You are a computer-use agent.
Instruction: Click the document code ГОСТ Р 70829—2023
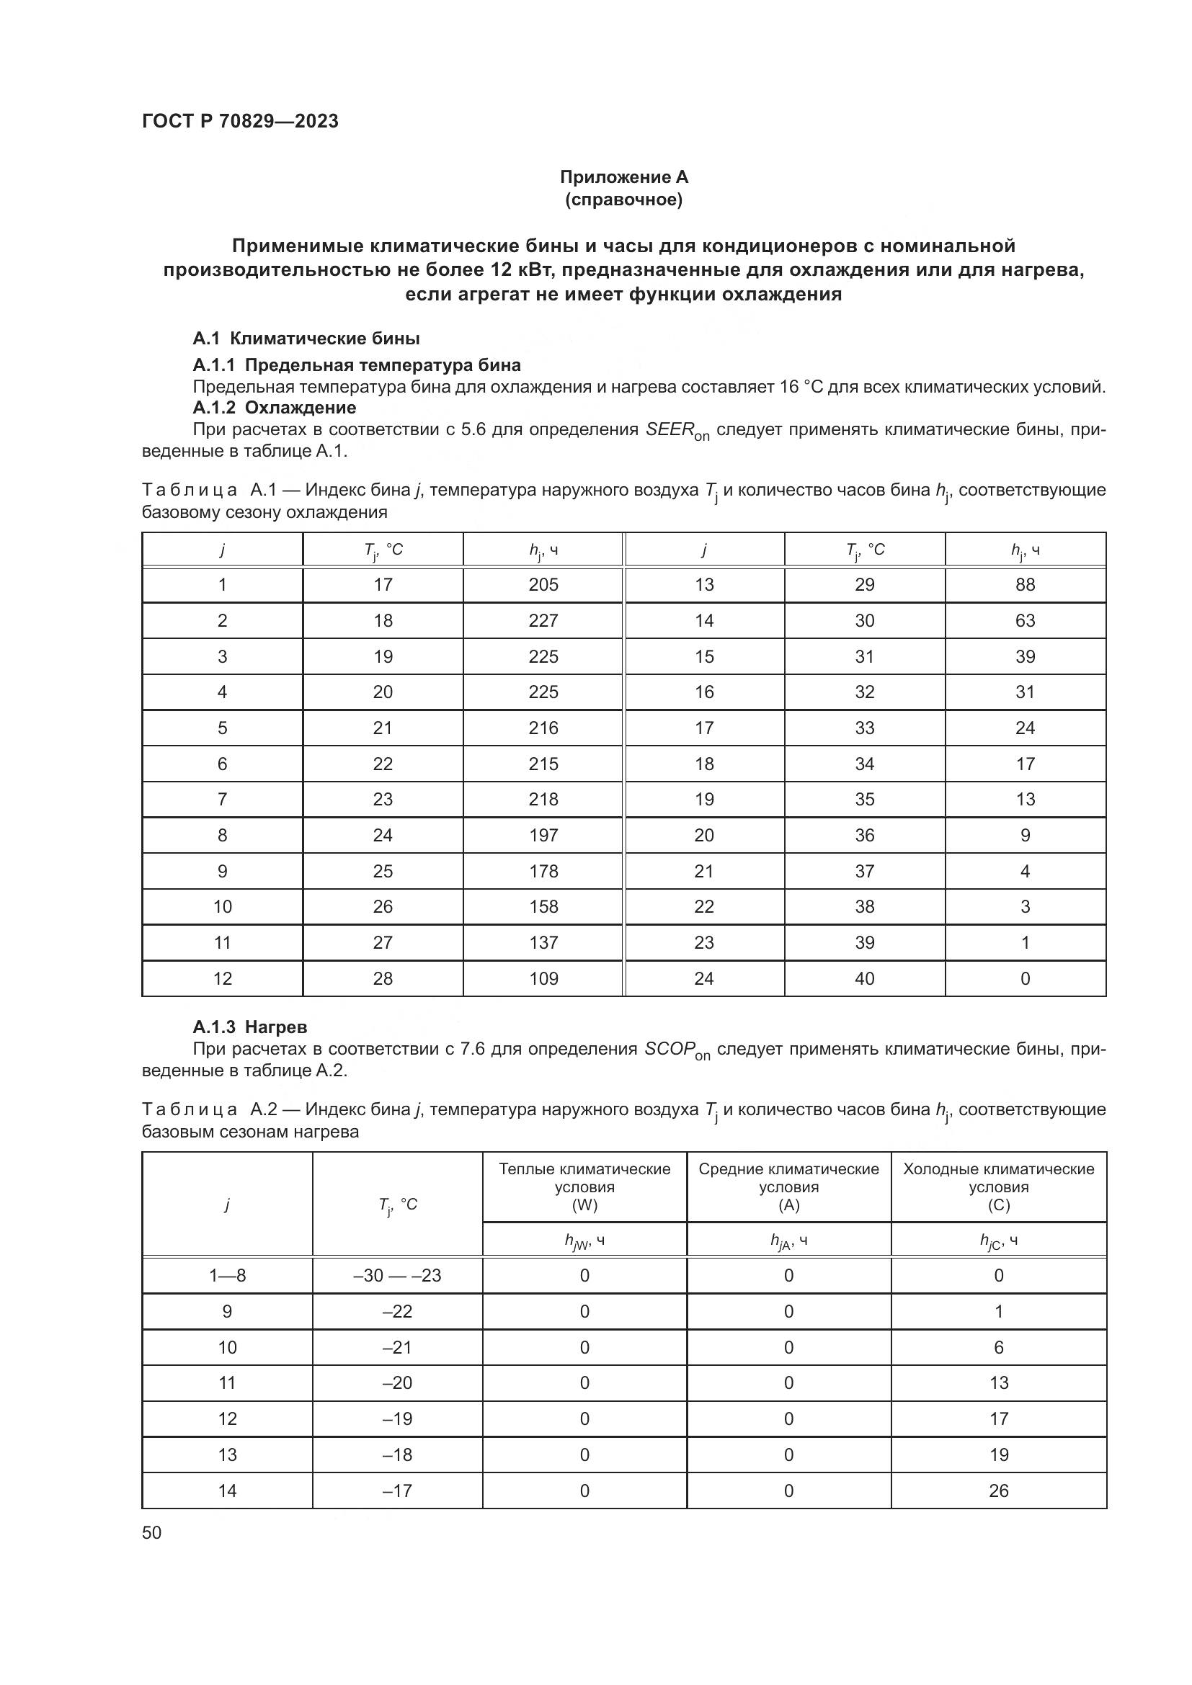(x=240, y=121)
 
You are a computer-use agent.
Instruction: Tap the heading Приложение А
(x=624, y=177)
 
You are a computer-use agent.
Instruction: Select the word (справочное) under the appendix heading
(x=624, y=200)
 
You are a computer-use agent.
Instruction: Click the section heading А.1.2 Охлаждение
(x=275, y=408)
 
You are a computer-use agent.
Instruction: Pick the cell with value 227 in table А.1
(x=543, y=621)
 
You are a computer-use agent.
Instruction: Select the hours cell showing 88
(x=1025, y=585)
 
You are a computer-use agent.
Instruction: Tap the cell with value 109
(x=543, y=978)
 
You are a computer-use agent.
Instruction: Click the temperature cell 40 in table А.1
(x=865, y=978)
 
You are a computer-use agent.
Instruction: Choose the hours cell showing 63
(x=1025, y=621)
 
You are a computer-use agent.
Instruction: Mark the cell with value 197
(x=543, y=835)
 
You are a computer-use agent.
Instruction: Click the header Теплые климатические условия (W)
(x=584, y=1186)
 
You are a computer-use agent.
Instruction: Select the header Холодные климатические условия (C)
(x=998, y=1186)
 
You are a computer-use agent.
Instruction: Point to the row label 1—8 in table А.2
(x=227, y=1276)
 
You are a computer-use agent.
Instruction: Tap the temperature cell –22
(x=397, y=1311)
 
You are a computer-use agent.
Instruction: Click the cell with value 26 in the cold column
(x=998, y=1490)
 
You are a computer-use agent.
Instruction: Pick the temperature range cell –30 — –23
(x=397, y=1276)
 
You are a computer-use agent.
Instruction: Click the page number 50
(x=152, y=1532)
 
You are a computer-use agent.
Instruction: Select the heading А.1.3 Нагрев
(x=249, y=1027)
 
